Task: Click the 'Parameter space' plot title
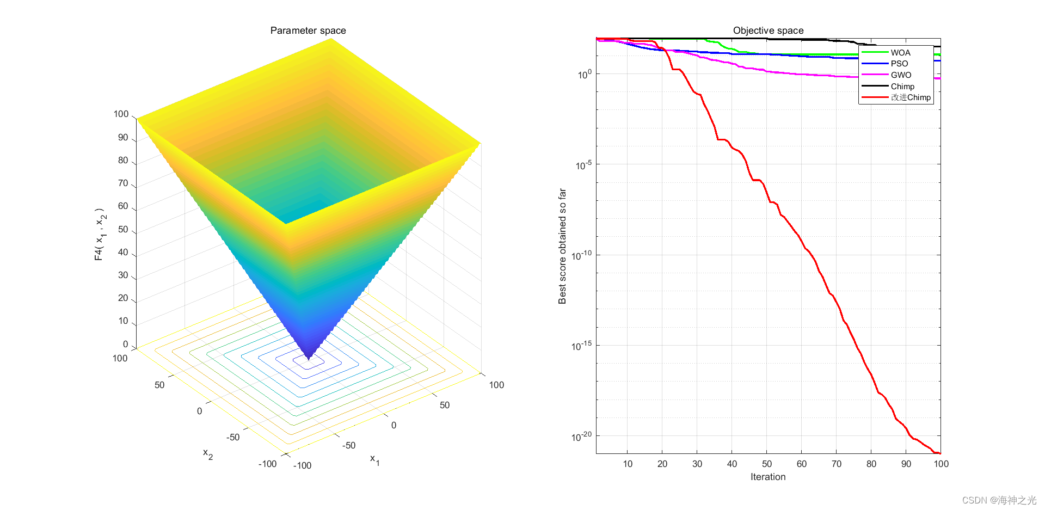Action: click(308, 30)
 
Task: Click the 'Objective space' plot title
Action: click(768, 30)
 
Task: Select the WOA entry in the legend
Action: click(900, 53)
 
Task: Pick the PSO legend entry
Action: click(899, 64)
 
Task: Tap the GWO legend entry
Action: click(901, 75)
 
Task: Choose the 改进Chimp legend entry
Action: click(911, 97)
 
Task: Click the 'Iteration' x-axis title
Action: click(768, 477)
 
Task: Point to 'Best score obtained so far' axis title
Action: click(562, 246)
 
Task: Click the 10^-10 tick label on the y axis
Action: click(583, 255)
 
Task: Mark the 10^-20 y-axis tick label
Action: click(583, 436)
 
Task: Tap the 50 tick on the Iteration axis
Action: click(767, 464)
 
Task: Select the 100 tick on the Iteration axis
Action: click(941, 464)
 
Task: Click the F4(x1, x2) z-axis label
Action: click(100, 234)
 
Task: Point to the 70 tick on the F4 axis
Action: click(123, 183)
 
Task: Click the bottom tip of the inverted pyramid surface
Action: click(309, 359)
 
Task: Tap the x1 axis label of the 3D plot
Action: click(375, 459)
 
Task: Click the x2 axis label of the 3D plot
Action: click(208, 453)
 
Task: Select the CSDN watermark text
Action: click(999, 500)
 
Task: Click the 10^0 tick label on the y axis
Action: click(585, 74)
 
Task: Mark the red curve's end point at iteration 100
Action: click(939, 453)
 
